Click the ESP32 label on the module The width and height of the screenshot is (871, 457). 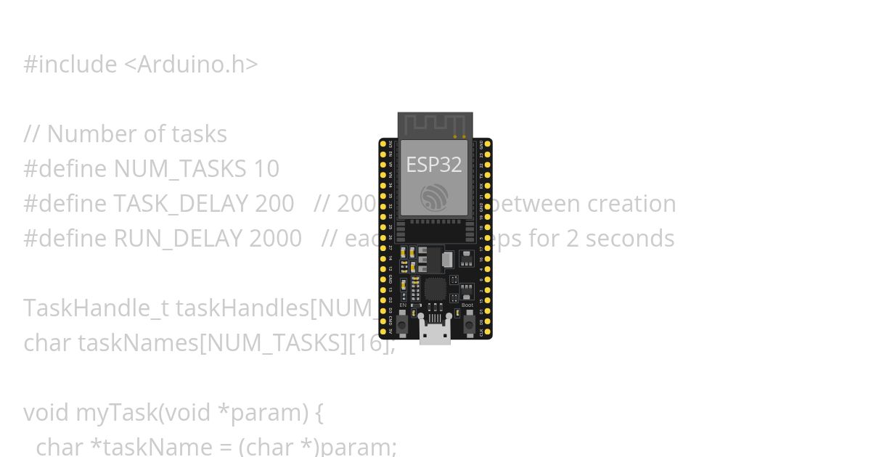click(x=433, y=165)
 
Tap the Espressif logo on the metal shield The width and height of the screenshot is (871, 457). click(x=434, y=197)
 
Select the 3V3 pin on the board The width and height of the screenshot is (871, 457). click(x=383, y=144)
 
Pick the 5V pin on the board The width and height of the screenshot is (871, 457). click(x=383, y=332)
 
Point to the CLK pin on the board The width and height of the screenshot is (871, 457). click(x=488, y=332)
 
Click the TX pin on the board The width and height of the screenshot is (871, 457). click(x=488, y=175)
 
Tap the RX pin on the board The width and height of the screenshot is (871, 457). click(x=488, y=185)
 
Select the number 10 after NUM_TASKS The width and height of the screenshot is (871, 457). click(x=266, y=169)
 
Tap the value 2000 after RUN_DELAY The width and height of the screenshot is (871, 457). click(x=275, y=239)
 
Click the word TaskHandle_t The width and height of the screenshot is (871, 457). click(x=96, y=308)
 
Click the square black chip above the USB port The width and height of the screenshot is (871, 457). click(x=435, y=289)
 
